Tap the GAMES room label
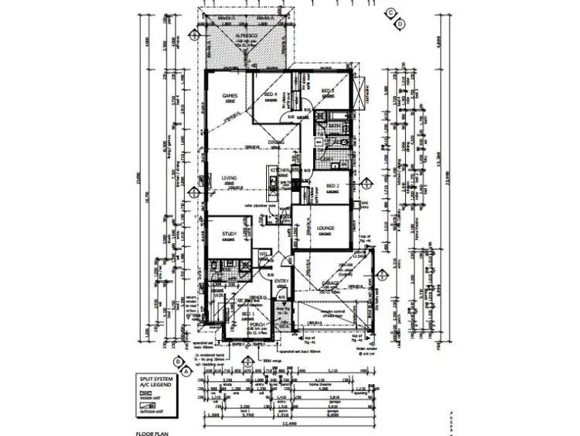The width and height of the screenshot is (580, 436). click(229, 96)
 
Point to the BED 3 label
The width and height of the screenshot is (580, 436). click(327, 91)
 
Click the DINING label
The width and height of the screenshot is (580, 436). click(277, 143)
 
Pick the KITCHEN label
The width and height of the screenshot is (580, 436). click(279, 169)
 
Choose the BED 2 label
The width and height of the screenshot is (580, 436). click(333, 187)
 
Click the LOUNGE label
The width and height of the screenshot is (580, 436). click(324, 228)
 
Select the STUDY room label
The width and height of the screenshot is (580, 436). click(229, 233)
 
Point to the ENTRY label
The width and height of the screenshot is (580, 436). click(281, 281)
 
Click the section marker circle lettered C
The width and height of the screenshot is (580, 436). click(391, 12)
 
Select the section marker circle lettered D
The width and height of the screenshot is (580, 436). click(400, 25)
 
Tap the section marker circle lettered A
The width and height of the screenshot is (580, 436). click(186, 371)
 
